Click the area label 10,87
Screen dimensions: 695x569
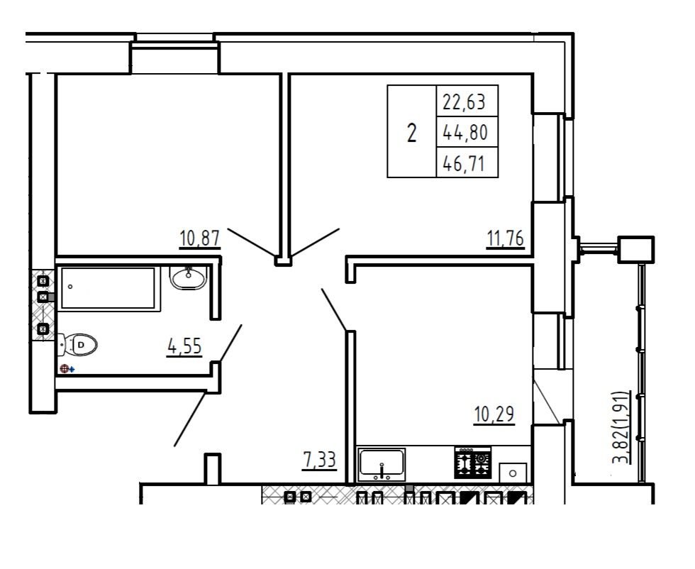point(200,238)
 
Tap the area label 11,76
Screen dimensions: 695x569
point(505,238)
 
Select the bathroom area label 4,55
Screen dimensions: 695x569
point(185,346)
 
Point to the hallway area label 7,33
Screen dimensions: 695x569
point(320,460)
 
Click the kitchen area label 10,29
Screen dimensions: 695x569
point(494,414)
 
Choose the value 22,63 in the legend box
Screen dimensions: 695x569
point(465,102)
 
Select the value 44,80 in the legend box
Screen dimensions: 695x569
point(465,132)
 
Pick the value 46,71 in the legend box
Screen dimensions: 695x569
point(464,164)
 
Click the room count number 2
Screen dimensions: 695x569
point(412,133)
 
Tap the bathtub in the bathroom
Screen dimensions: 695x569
point(109,288)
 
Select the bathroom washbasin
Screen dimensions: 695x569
point(188,277)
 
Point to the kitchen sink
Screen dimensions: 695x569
point(382,464)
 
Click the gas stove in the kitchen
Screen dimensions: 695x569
point(473,463)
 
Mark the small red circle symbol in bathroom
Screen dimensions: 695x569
point(65,368)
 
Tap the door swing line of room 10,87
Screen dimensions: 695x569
point(251,243)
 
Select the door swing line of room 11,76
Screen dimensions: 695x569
point(315,243)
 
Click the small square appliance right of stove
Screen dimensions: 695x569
point(513,473)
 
